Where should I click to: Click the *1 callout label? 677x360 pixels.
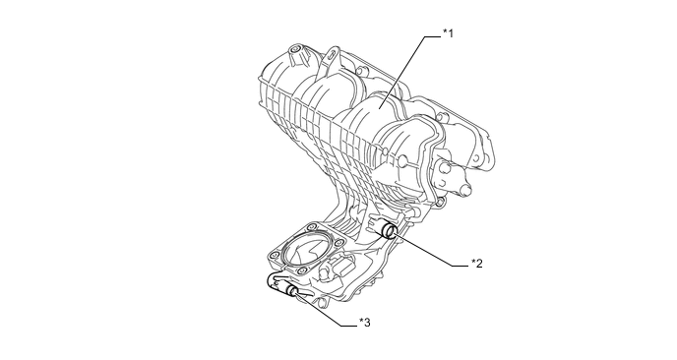coord(448,33)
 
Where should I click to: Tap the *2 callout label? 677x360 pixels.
coord(476,263)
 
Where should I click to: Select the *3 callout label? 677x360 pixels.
coord(364,323)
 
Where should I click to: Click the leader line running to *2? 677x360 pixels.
coord(432,251)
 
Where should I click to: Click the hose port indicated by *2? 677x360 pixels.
coord(388,229)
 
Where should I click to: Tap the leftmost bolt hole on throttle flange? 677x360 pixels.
coord(274,256)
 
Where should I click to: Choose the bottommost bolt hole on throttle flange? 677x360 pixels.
coord(301,270)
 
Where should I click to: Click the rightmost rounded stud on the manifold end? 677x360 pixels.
coord(464,190)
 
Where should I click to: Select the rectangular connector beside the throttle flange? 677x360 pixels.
coord(342,266)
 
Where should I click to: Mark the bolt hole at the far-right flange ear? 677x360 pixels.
coord(475,158)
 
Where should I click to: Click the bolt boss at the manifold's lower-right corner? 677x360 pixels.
coord(439,202)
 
